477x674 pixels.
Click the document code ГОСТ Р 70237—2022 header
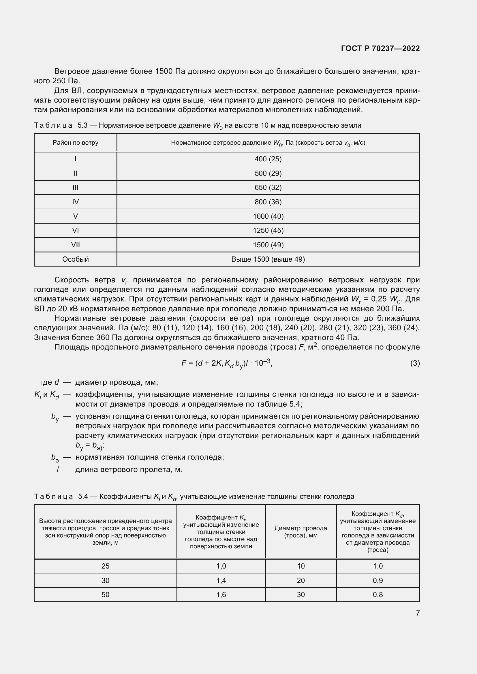point(380,48)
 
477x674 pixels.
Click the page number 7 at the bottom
point(418,613)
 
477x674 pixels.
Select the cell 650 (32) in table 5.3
point(268,188)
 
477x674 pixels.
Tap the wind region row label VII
point(76,245)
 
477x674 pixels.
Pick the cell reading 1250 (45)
point(268,231)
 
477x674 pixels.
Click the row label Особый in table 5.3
point(76,259)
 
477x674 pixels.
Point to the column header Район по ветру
point(76,143)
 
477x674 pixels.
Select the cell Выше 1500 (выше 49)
point(268,259)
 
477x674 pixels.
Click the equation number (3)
point(415,363)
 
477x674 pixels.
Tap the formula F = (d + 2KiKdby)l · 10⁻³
point(227,363)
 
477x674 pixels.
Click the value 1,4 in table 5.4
point(221,580)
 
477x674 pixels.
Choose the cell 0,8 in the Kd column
point(378,595)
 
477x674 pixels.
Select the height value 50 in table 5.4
point(106,595)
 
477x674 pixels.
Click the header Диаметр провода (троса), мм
point(301,532)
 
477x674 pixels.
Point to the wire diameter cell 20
point(301,580)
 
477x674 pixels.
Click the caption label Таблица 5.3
point(61,126)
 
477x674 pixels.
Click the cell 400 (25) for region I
point(268,159)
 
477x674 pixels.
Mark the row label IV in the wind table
point(76,202)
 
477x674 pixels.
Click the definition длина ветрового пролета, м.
point(129,470)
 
